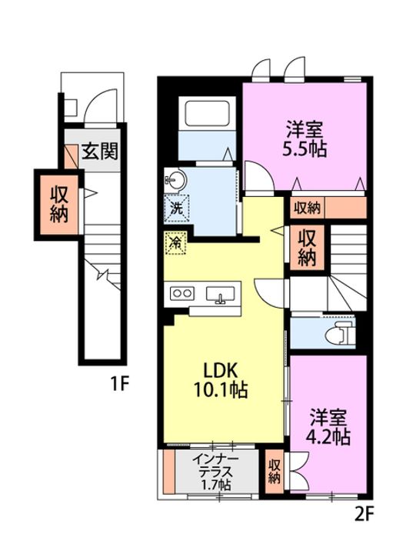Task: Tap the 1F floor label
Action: (x=118, y=379)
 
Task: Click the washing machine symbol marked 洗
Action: (x=175, y=207)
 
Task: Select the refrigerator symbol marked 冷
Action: (x=175, y=242)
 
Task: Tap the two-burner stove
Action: (x=182, y=293)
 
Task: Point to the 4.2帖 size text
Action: (x=330, y=437)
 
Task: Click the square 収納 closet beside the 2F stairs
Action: (x=308, y=248)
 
